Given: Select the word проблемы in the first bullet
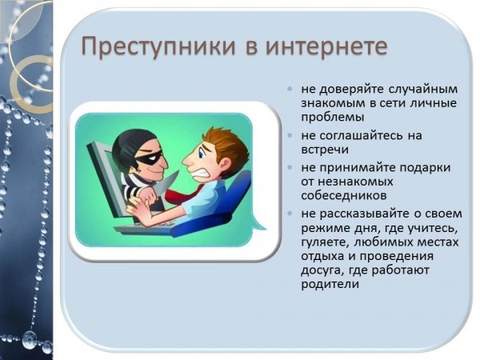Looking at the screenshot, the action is point(333,118).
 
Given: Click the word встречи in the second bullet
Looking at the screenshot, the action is point(325,150).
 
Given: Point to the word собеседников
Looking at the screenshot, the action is point(344,196).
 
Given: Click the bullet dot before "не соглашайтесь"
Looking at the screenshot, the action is point(290,135).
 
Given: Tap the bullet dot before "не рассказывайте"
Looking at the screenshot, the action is point(290,214).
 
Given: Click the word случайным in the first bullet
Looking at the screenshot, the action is point(423,90).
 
